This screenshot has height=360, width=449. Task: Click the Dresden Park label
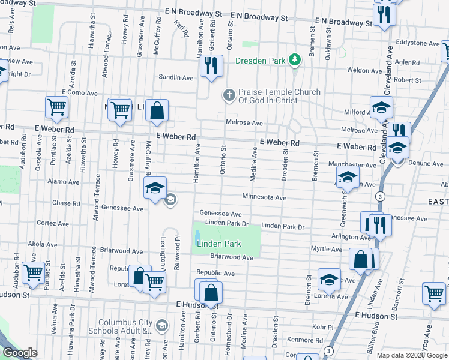260,60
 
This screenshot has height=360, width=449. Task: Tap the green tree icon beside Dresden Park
294,60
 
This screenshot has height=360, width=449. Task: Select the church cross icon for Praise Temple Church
228,95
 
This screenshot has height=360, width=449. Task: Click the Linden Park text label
218,244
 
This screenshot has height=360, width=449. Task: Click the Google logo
20,353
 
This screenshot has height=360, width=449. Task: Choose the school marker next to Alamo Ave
155,188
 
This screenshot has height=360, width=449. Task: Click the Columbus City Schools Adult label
126,326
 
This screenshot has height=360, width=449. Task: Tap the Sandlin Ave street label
176,77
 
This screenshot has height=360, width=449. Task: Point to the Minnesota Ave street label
264,197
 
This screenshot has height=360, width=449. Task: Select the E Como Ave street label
79,93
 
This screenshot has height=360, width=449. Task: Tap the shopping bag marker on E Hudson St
211,293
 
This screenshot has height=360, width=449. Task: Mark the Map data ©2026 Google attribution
412,355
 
